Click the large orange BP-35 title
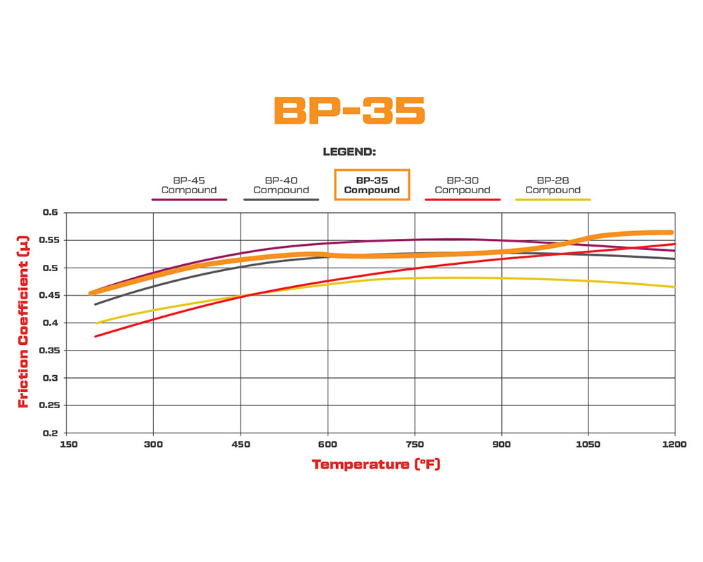[349, 110]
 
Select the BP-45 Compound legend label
[189, 185]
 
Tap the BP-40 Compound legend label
[281, 185]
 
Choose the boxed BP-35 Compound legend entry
[372, 185]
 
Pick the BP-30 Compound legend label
[463, 185]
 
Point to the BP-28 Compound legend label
[553, 185]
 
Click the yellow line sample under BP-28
[553, 200]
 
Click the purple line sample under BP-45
[189, 200]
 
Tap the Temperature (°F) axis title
[376, 464]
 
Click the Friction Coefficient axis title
[23, 322]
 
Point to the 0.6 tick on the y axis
[51, 212]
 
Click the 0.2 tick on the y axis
[51, 433]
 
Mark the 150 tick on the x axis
[67, 445]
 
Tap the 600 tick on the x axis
[328, 445]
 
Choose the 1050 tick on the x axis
[588, 445]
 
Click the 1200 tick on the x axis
[674, 445]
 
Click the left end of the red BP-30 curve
[96, 336]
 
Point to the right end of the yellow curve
[674, 287]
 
